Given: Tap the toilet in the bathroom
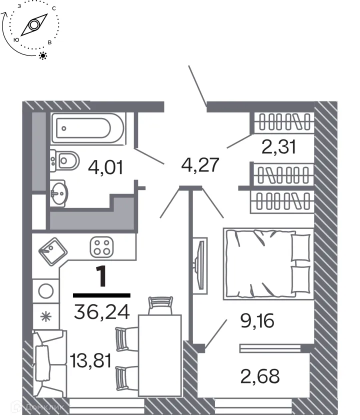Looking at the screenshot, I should pyautogui.click(x=64, y=160).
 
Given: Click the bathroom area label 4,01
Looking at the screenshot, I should pyautogui.click(x=105, y=167).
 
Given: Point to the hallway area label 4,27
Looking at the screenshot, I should pyautogui.click(x=200, y=164).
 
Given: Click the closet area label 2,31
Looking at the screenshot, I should pyautogui.click(x=278, y=147).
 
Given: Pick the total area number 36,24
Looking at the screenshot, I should pyautogui.click(x=101, y=312).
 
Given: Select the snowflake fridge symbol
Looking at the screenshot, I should pyautogui.click(x=45, y=317).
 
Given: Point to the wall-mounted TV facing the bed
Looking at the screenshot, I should pyautogui.click(x=200, y=264).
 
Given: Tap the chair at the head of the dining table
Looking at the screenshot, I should pyautogui.click(x=160, y=304).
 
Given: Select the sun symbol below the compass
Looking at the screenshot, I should pyautogui.click(x=43, y=55).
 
